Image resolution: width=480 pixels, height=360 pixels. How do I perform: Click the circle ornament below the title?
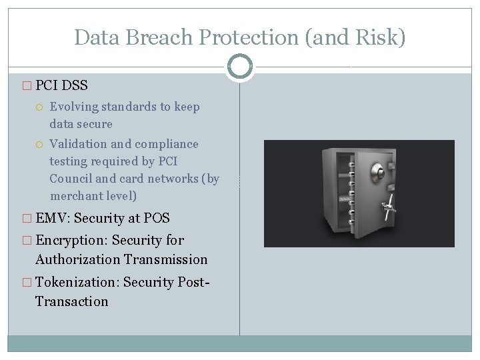pos(239,67)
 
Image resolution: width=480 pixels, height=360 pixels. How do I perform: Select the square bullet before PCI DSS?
pos(27,86)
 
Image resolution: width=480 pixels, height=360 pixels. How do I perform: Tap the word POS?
pos(157,218)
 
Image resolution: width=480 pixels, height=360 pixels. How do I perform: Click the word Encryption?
pos(72,240)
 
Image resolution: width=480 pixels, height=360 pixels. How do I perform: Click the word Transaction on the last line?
pos(71,301)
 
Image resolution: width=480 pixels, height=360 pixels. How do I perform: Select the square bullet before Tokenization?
pos(27,283)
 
